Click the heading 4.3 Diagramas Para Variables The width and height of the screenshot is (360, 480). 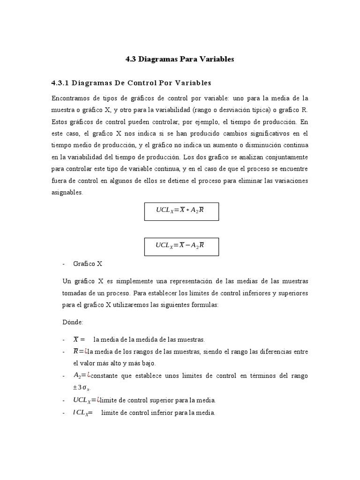tap(180, 60)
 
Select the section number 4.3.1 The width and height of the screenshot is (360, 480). tap(60, 83)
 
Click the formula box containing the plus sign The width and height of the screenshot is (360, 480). tap(181, 211)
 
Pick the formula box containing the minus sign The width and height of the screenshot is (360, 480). tap(181, 246)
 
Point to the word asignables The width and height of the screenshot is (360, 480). tap(67, 192)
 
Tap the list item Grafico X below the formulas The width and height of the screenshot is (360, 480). tap(88, 264)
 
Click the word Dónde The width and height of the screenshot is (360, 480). tap(72, 322)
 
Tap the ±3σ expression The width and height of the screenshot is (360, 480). tap(82, 388)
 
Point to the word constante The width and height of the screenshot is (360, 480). tap(105, 376)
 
